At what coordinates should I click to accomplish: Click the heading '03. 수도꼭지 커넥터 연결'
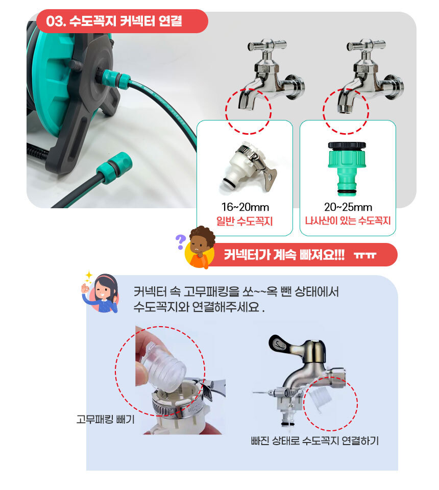coord(114,21)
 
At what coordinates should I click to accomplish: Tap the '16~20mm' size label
coord(245,207)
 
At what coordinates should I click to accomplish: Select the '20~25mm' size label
coord(348,207)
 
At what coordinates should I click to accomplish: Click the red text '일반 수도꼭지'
coord(245,221)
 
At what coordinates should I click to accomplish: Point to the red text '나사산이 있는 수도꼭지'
coord(348,221)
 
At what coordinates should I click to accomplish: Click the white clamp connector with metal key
coord(249,167)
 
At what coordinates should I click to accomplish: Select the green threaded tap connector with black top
coord(347,168)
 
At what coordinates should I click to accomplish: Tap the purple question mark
coord(180,242)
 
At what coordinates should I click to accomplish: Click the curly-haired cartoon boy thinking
coord(200,248)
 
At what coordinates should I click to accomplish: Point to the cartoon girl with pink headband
coord(101,293)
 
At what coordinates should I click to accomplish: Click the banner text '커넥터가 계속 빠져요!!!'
coord(284,255)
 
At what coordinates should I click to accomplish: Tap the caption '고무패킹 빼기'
coord(105,419)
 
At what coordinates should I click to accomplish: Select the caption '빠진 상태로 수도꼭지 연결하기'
coord(314,440)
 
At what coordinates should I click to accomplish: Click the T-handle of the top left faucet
coord(267,45)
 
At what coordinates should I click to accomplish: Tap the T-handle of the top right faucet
coord(366,45)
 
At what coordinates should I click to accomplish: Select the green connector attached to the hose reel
coord(114,79)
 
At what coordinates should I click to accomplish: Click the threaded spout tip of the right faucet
coord(345,109)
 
